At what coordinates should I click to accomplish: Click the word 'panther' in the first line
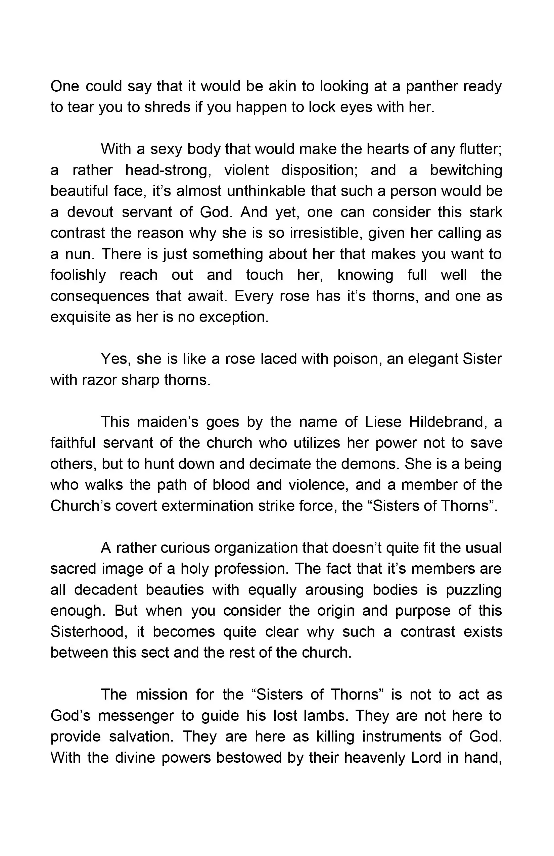click(x=432, y=87)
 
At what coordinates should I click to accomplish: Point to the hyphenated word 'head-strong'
click(x=168, y=170)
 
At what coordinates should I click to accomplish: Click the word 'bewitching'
click(x=466, y=170)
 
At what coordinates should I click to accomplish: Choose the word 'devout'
click(x=90, y=212)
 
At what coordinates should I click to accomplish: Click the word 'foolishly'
click(x=78, y=275)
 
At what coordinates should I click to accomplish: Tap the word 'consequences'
click(x=100, y=296)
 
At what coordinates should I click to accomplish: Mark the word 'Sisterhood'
click(x=87, y=632)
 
